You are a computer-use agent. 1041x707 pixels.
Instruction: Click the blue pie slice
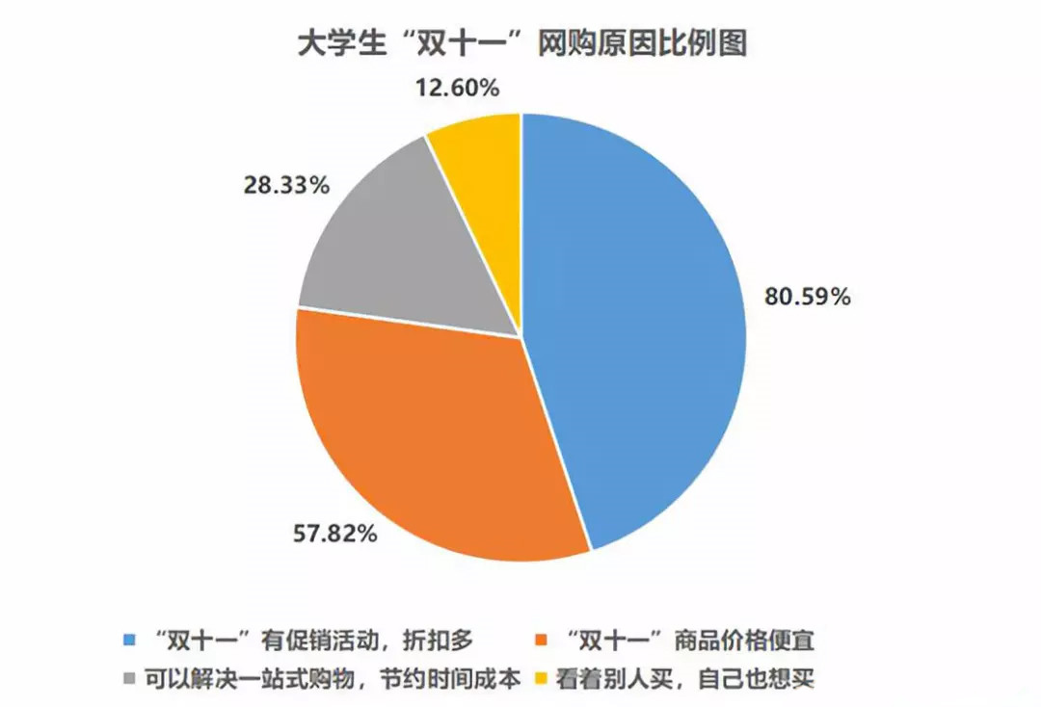pyautogui.click(x=636, y=318)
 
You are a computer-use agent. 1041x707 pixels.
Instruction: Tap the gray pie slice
pyautogui.click(x=424, y=250)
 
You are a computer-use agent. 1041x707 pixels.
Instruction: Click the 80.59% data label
pyautogui.click(x=808, y=297)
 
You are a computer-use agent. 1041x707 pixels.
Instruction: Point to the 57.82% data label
pyautogui.click(x=334, y=532)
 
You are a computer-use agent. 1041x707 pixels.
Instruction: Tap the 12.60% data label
pyautogui.click(x=457, y=89)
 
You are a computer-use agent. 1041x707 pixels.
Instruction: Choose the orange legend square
pyautogui.click(x=543, y=640)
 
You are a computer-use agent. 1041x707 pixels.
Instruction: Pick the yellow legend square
pyautogui.click(x=543, y=678)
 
